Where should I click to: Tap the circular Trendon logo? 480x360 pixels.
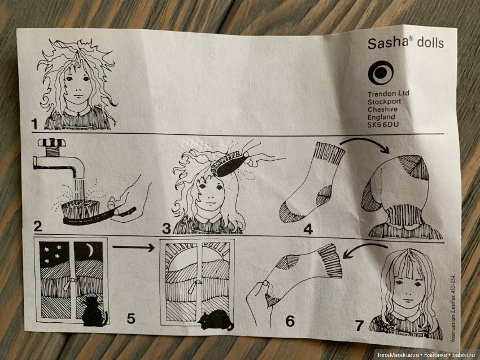pos(381,72)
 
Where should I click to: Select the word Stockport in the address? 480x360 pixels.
pos(384,102)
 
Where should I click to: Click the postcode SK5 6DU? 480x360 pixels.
pos(383,125)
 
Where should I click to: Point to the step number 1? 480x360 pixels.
pos(34,124)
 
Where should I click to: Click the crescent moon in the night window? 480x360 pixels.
pos(90,251)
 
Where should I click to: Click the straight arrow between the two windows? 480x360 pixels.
pos(133,247)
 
